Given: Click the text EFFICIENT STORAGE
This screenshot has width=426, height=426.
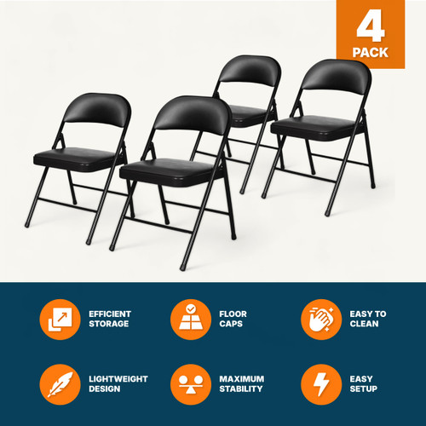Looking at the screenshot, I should [x=110, y=319].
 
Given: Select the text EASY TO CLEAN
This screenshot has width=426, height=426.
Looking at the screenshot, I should [x=368, y=319].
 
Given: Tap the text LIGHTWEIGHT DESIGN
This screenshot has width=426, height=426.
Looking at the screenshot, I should [x=118, y=383].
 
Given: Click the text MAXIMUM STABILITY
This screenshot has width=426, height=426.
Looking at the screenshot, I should [x=241, y=383].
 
